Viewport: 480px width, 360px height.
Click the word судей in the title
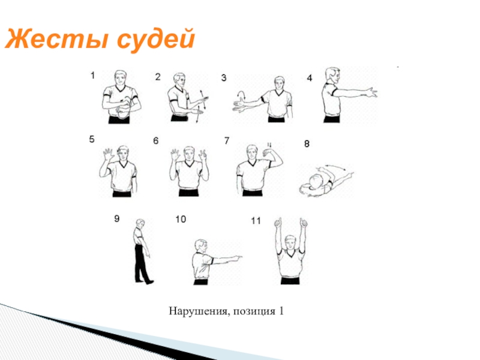pyautogui.click(x=156, y=40)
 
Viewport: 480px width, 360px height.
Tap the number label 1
pyautogui.click(x=92, y=76)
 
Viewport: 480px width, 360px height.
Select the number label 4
pyautogui.click(x=310, y=79)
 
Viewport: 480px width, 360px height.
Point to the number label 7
pyautogui.click(x=227, y=140)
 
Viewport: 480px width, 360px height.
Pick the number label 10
pyautogui.click(x=181, y=219)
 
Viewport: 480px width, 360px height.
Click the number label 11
pyautogui.click(x=256, y=221)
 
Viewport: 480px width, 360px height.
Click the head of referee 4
pyautogui.click(x=332, y=76)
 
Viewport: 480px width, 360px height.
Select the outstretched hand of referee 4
pyautogui.click(x=371, y=92)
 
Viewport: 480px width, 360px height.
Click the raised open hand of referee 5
pyautogui.click(x=109, y=154)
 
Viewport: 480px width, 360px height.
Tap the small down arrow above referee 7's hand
pyautogui.click(x=269, y=145)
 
